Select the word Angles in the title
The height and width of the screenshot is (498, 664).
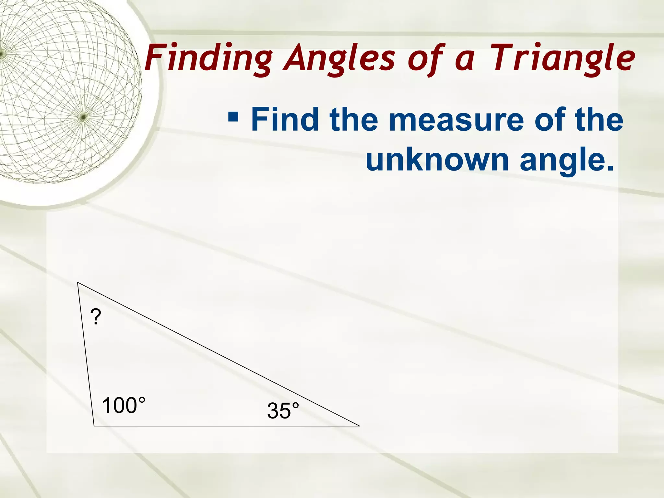339,58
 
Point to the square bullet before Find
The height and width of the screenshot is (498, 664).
233,116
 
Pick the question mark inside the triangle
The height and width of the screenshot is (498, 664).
96,317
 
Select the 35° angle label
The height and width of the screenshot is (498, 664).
283,411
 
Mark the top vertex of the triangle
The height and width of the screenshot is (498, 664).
78,283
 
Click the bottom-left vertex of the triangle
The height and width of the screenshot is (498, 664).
94,426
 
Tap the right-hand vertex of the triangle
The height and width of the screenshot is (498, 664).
359,426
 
